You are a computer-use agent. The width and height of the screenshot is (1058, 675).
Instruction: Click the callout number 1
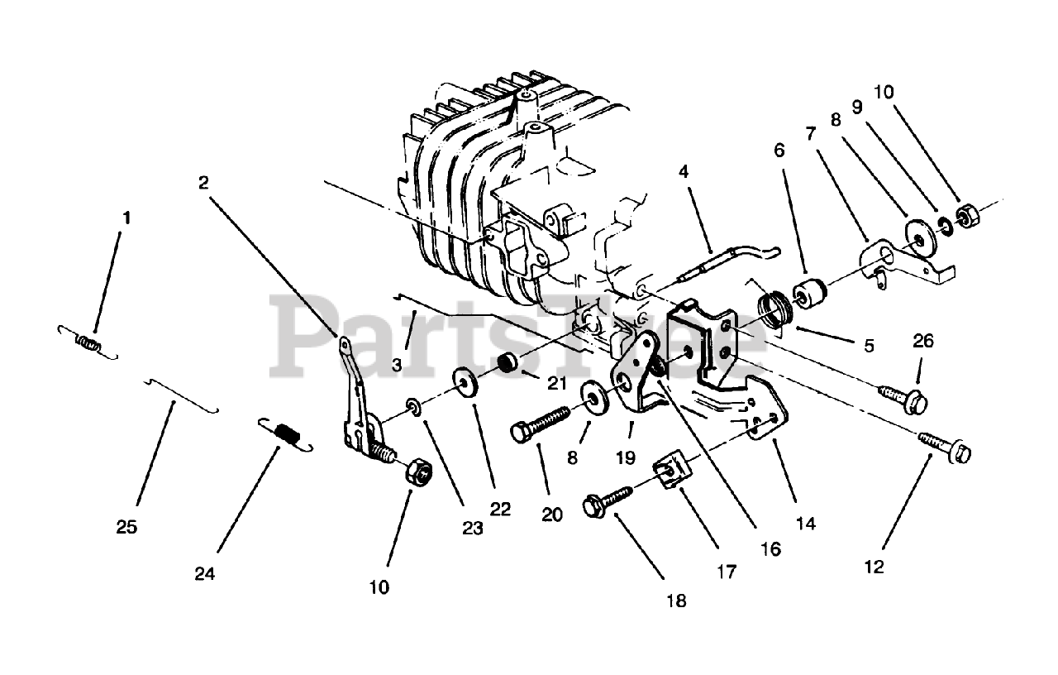point(126,218)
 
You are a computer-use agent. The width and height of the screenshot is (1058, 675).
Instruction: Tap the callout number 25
point(126,526)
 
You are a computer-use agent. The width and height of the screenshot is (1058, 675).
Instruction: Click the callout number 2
point(203,183)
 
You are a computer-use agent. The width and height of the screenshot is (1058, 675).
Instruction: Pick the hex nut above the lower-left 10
point(416,472)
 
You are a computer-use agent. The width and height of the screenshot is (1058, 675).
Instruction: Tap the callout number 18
point(676,601)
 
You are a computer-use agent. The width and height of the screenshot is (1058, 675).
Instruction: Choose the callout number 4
point(683,173)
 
